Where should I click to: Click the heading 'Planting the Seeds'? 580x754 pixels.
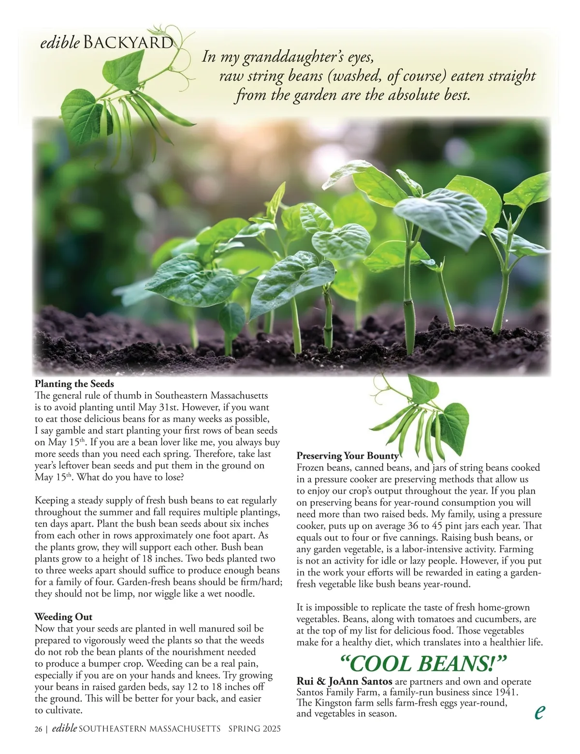[x=74, y=385]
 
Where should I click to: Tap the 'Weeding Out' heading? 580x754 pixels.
[x=63, y=617]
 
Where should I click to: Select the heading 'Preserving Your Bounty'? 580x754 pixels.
[x=348, y=456]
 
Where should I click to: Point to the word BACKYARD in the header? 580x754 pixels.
[x=128, y=43]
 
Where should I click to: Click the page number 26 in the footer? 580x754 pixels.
[x=38, y=729]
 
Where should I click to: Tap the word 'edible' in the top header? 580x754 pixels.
[x=60, y=43]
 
